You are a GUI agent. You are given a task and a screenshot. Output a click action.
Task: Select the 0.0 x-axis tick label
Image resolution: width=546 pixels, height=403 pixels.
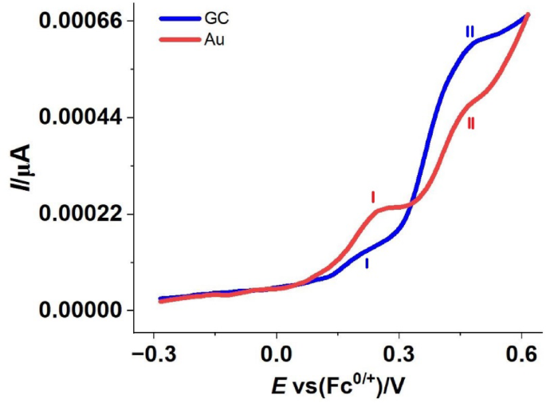[277, 352]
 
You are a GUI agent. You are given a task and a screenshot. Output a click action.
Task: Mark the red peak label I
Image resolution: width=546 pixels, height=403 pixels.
[372, 196]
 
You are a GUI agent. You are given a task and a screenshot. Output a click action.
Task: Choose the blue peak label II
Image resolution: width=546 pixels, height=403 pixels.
[470, 32]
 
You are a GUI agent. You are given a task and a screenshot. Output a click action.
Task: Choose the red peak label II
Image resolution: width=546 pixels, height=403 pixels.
[471, 124]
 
